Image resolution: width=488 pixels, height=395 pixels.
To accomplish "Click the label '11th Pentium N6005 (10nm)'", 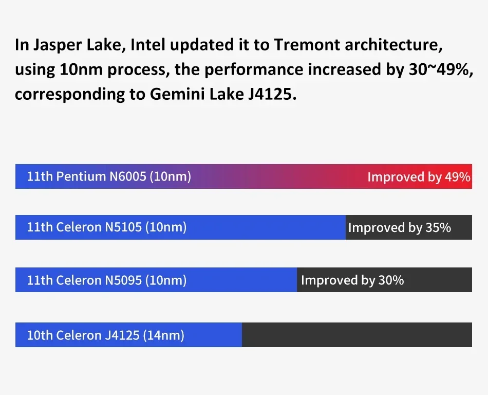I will [x=109, y=176].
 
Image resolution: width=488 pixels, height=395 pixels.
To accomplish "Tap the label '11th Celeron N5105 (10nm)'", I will [x=107, y=227].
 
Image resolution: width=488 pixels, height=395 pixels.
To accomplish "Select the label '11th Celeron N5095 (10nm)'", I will [x=107, y=280].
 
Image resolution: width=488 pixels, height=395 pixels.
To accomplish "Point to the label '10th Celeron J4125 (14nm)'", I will [x=105, y=335].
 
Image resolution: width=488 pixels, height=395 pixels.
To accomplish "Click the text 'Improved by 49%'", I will [x=419, y=177].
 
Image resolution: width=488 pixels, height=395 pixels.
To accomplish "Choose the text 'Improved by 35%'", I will [x=399, y=227].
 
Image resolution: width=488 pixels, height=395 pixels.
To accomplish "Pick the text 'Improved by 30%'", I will [x=352, y=280].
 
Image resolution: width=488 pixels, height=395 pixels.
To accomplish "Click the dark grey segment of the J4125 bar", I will [x=356, y=335].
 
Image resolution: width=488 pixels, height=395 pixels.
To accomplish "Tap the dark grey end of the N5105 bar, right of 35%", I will [x=461, y=227].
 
